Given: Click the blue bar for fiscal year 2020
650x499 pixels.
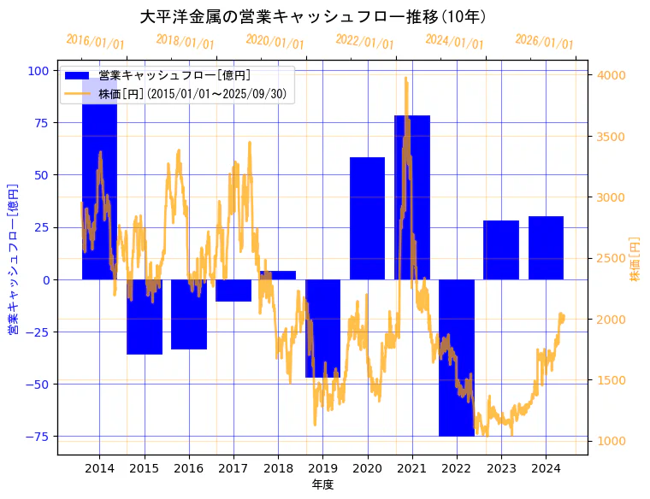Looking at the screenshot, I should (x=367, y=218).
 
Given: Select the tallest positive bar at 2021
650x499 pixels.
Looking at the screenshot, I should (x=411, y=197).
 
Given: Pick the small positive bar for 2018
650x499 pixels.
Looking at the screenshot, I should (x=278, y=275).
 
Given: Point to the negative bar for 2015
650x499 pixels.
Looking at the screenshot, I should (x=145, y=316).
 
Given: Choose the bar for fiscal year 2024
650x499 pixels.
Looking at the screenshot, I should (x=546, y=248).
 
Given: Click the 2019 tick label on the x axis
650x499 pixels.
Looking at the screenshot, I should (x=322, y=468).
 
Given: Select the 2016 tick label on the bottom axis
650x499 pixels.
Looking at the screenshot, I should (x=188, y=468).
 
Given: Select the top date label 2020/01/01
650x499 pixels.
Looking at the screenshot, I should (x=275, y=42).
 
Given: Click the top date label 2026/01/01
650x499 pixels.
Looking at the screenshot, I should (x=544, y=42).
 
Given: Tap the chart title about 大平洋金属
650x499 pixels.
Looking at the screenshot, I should (x=312, y=17).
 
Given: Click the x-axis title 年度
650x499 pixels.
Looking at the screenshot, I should (x=322, y=484).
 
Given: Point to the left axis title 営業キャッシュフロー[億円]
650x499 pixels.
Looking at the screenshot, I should (x=13, y=259).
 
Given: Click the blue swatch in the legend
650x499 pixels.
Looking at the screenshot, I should (x=80, y=76).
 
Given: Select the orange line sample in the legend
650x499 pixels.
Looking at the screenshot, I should (x=80, y=93).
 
